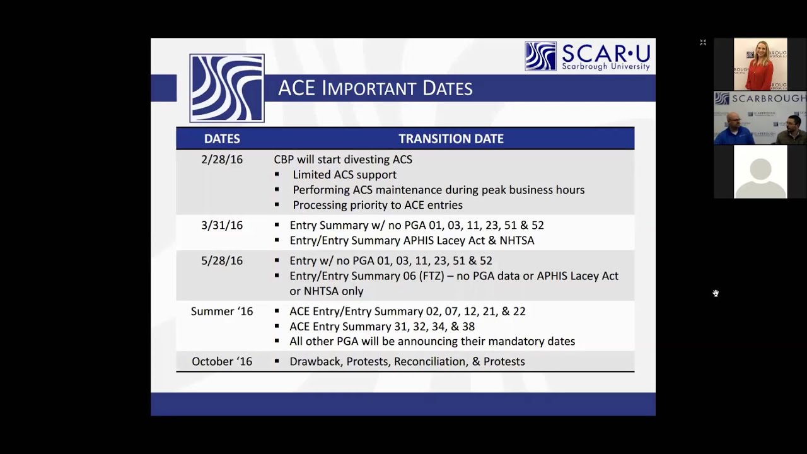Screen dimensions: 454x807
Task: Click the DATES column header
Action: pyautogui.click(x=222, y=139)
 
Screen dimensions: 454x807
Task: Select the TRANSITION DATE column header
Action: pyautogui.click(x=451, y=139)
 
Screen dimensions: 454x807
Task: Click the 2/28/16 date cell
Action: pyautogui.click(x=222, y=160)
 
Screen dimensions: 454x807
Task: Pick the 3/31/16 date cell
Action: pyautogui.click(x=222, y=225)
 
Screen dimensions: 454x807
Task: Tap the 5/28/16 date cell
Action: pyautogui.click(x=222, y=260)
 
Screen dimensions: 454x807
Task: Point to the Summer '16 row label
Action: pyautogui.click(x=222, y=311)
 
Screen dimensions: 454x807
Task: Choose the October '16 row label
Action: pyautogui.click(x=222, y=361)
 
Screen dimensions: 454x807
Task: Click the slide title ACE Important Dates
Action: pyautogui.click(x=375, y=88)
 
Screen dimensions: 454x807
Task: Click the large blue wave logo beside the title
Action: pyautogui.click(x=227, y=88)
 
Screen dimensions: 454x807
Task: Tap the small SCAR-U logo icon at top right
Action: pyautogui.click(x=540, y=56)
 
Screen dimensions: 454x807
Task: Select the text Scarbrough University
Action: pyautogui.click(x=605, y=66)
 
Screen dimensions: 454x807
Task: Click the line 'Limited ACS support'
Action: pyautogui.click(x=344, y=175)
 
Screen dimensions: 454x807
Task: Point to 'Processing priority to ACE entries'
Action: pyautogui.click(x=377, y=205)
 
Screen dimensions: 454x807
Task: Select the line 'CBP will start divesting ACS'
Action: pyautogui.click(x=343, y=160)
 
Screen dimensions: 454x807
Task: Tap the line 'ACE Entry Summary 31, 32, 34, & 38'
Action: pyautogui.click(x=382, y=326)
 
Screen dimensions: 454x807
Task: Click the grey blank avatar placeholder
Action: pyautogui.click(x=760, y=172)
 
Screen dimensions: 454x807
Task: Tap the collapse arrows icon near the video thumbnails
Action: pyautogui.click(x=703, y=42)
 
